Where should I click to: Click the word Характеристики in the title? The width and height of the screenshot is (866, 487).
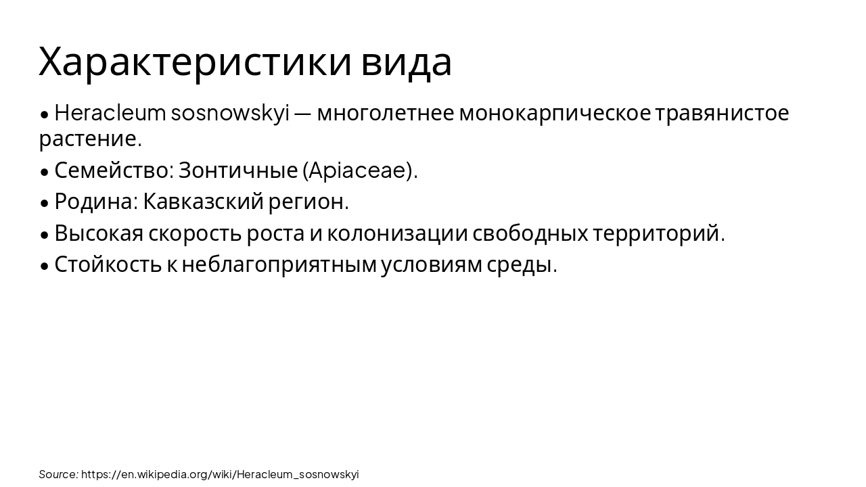(x=196, y=62)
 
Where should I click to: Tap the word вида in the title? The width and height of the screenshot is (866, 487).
(x=406, y=62)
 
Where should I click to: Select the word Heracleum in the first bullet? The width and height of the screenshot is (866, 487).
(x=110, y=113)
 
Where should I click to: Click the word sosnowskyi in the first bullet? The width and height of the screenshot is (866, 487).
(x=230, y=113)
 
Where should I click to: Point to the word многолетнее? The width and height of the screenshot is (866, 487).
(x=385, y=113)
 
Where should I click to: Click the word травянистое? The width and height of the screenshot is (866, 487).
(x=722, y=113)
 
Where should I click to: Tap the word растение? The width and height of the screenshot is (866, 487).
(x=90, y=139)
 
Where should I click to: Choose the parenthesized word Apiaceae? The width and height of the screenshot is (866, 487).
(x=359, y=170)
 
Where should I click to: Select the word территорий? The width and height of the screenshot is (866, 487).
(x=658, y=233)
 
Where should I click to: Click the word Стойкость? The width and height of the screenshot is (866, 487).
(x=108, y=264)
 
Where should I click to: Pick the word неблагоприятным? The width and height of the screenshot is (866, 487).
(x=279, y=264)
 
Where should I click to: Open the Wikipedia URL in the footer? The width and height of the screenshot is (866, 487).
(x=220, y=474)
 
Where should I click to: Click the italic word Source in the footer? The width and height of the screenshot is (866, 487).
(x=58, y=474)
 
